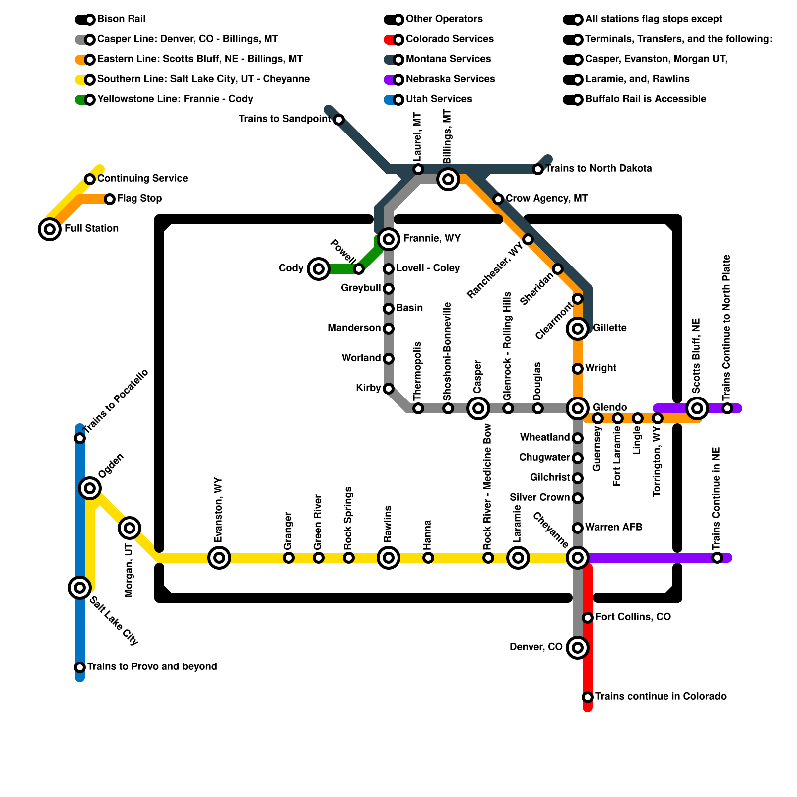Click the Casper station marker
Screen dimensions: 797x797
coord(478,408)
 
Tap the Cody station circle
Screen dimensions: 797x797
coord(319,269)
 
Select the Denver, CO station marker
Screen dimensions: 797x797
coord(578,648)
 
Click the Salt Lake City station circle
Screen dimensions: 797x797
coord(80,588)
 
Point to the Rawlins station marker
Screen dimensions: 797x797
coord(389,558)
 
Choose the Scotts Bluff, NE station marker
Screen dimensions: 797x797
coord(697,408)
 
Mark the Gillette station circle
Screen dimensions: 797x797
coord(578,329)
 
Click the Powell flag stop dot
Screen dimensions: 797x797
coord(359,269)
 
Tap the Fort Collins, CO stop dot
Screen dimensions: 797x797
coord(588,618)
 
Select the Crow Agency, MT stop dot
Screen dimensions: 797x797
coord(498,199)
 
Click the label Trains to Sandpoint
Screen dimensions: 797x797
coord(284,119)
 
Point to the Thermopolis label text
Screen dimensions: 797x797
coord(418,371)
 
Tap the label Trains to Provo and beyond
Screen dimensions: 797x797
coord(152,666)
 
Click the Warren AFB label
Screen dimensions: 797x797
coord(613,527)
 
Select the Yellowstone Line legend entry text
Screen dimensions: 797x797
coord(175,99)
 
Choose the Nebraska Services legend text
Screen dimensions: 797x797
coord(450,79)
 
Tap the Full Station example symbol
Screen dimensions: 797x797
coord(50,229)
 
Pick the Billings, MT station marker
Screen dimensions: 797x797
coord(448,179)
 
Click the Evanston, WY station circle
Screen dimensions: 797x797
coord(219,558)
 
